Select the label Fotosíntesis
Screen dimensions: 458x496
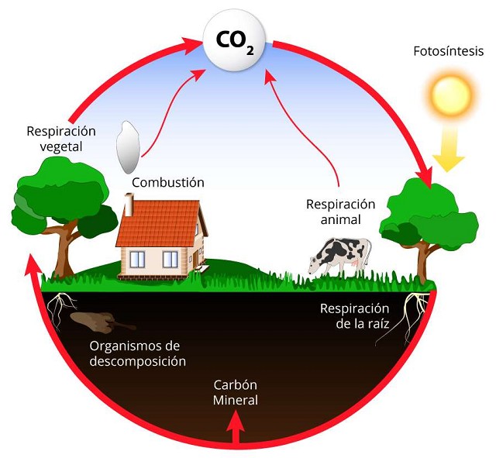point(449,53)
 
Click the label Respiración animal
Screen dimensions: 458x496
point(340,212)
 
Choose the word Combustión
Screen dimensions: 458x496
point(167,182)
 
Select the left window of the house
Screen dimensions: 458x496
point(140,260)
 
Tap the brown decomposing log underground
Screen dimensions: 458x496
point(97,319)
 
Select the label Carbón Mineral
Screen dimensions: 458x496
point(235,393)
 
